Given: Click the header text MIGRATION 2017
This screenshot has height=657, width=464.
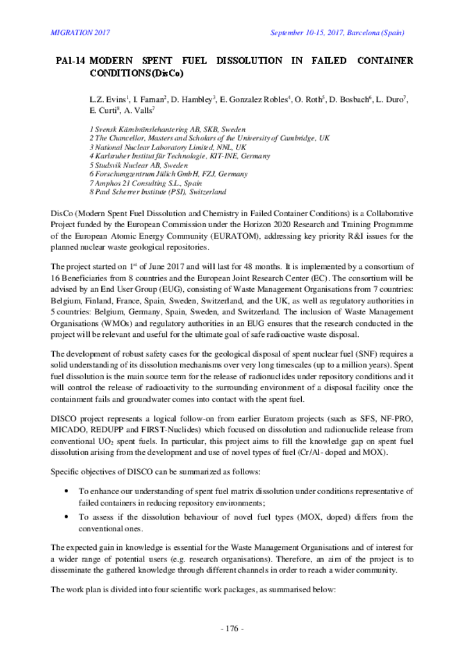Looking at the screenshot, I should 80,33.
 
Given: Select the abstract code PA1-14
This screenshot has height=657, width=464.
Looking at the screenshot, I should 70,61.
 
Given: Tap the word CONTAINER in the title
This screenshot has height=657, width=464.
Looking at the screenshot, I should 385,61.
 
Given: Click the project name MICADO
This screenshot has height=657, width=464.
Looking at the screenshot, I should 68,430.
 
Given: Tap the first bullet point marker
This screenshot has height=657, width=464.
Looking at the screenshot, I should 69,491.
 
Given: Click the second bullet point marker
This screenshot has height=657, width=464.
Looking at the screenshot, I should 69,517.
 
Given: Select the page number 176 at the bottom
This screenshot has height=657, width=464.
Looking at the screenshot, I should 231,628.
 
